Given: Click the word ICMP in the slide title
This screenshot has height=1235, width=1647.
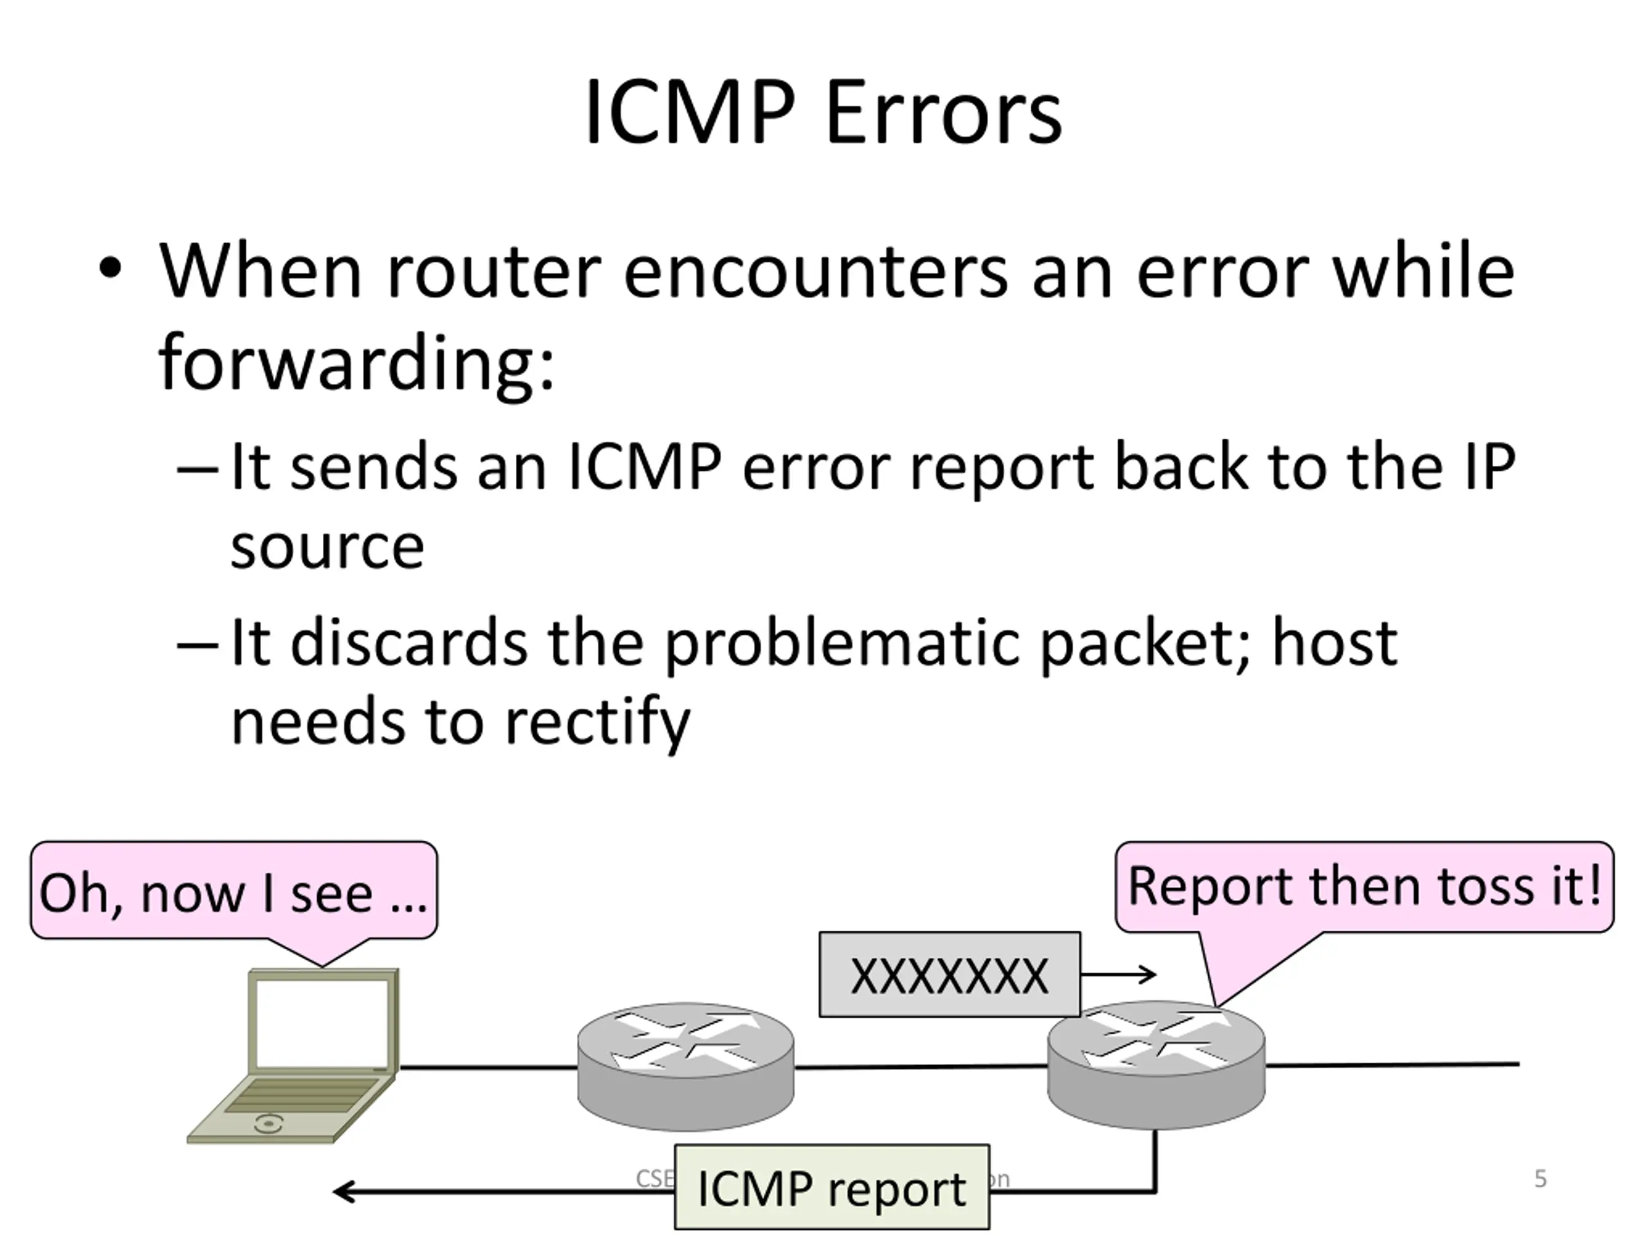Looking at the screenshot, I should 689,113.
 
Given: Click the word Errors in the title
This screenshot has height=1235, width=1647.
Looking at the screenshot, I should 943,113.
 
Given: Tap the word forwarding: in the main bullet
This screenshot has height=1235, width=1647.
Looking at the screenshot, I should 356,363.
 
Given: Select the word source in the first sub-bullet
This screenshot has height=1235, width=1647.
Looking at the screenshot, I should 327,547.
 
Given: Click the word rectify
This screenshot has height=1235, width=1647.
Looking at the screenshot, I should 598,722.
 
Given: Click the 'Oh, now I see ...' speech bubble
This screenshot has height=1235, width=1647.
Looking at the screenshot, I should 233,892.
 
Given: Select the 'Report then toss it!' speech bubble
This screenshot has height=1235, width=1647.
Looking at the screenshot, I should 1364,886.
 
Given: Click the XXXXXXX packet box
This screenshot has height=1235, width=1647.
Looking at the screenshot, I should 950,975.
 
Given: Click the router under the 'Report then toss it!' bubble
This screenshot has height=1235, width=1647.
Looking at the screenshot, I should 1155,1065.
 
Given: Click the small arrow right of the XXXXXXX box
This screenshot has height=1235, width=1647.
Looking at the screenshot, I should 1120,974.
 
